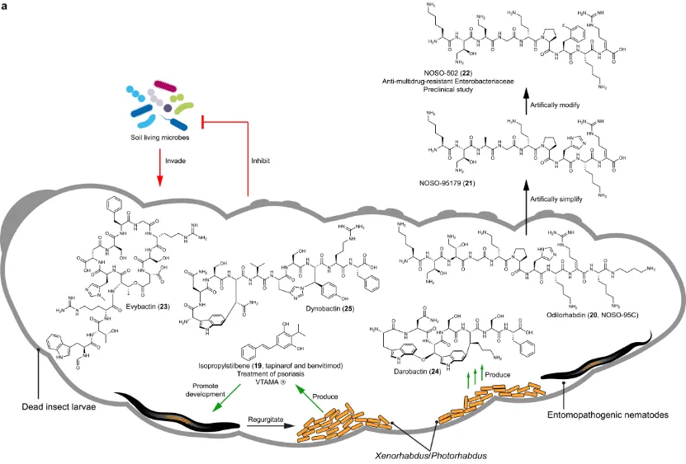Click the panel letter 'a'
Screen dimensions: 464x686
click(x=6, y=7)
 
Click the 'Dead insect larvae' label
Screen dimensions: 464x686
click(x=47, y=406)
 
